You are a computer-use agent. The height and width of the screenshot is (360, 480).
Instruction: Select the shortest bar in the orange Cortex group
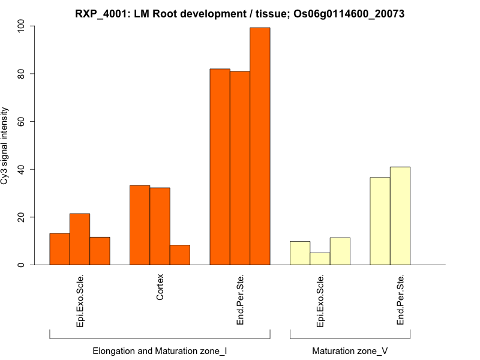180,255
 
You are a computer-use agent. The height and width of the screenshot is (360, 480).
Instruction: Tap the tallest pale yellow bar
400,216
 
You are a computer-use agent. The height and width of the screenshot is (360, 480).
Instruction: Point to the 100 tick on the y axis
32,26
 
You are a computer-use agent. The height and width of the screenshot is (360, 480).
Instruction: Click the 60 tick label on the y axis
22,122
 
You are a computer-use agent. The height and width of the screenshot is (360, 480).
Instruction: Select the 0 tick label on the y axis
22,265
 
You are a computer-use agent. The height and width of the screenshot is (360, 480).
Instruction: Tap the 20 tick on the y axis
32,217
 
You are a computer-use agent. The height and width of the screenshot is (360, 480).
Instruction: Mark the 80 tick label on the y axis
22,74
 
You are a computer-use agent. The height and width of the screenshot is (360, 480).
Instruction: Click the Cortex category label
160,288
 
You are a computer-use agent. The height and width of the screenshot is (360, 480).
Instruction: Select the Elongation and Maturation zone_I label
160,350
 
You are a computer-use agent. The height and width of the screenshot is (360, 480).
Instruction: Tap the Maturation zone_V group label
350,350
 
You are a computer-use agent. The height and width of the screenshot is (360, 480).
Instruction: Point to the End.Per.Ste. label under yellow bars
400,300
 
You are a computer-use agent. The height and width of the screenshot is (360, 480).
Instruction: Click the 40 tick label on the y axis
22,169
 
